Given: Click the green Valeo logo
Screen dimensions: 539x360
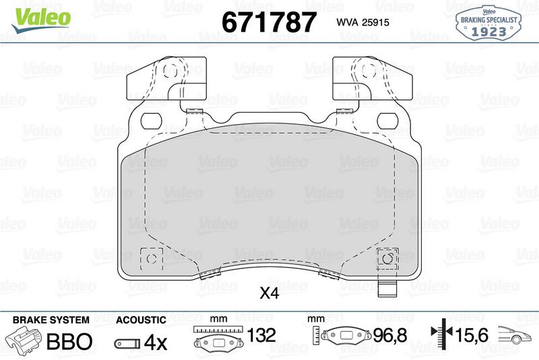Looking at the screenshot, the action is coord(41,20).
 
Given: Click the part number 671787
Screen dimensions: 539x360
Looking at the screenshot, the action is coord(269,22).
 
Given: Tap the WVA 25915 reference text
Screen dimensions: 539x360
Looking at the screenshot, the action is coord(362,22).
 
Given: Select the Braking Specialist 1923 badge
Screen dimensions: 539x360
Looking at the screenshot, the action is coord(488,23).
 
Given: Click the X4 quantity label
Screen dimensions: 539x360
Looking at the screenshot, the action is coord(269,293).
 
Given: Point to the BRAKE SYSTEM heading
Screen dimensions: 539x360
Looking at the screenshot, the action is coord(51,320).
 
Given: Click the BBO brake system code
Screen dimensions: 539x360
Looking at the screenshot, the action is coord(69,341).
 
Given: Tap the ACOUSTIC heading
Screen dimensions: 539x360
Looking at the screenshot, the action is coord(141,320).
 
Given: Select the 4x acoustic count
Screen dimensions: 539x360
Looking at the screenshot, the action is coord(156,342).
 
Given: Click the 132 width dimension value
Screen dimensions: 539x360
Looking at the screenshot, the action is coord(261,335).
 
